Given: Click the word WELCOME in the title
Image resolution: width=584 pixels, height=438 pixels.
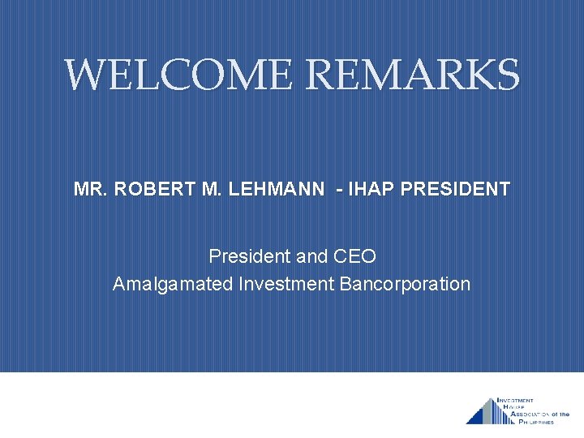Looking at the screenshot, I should (x=177, y=75).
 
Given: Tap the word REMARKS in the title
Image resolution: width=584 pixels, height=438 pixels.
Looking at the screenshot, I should (x=412, y=75).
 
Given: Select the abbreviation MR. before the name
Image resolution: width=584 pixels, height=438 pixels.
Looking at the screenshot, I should (x=91, y=190).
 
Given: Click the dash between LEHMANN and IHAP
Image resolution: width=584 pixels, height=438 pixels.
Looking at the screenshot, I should (x=337, y=190).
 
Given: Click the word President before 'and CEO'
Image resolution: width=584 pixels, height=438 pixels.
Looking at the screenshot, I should (x=249, y=256).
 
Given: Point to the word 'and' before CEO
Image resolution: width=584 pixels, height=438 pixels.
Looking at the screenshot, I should (x=311, y=256).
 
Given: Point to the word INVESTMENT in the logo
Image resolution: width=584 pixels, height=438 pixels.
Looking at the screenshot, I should (x=515, y=401).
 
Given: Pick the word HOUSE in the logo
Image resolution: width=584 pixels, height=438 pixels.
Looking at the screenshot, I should (x=513, y=408).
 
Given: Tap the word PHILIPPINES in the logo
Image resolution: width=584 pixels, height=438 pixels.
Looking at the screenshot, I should (x=533, y=422).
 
